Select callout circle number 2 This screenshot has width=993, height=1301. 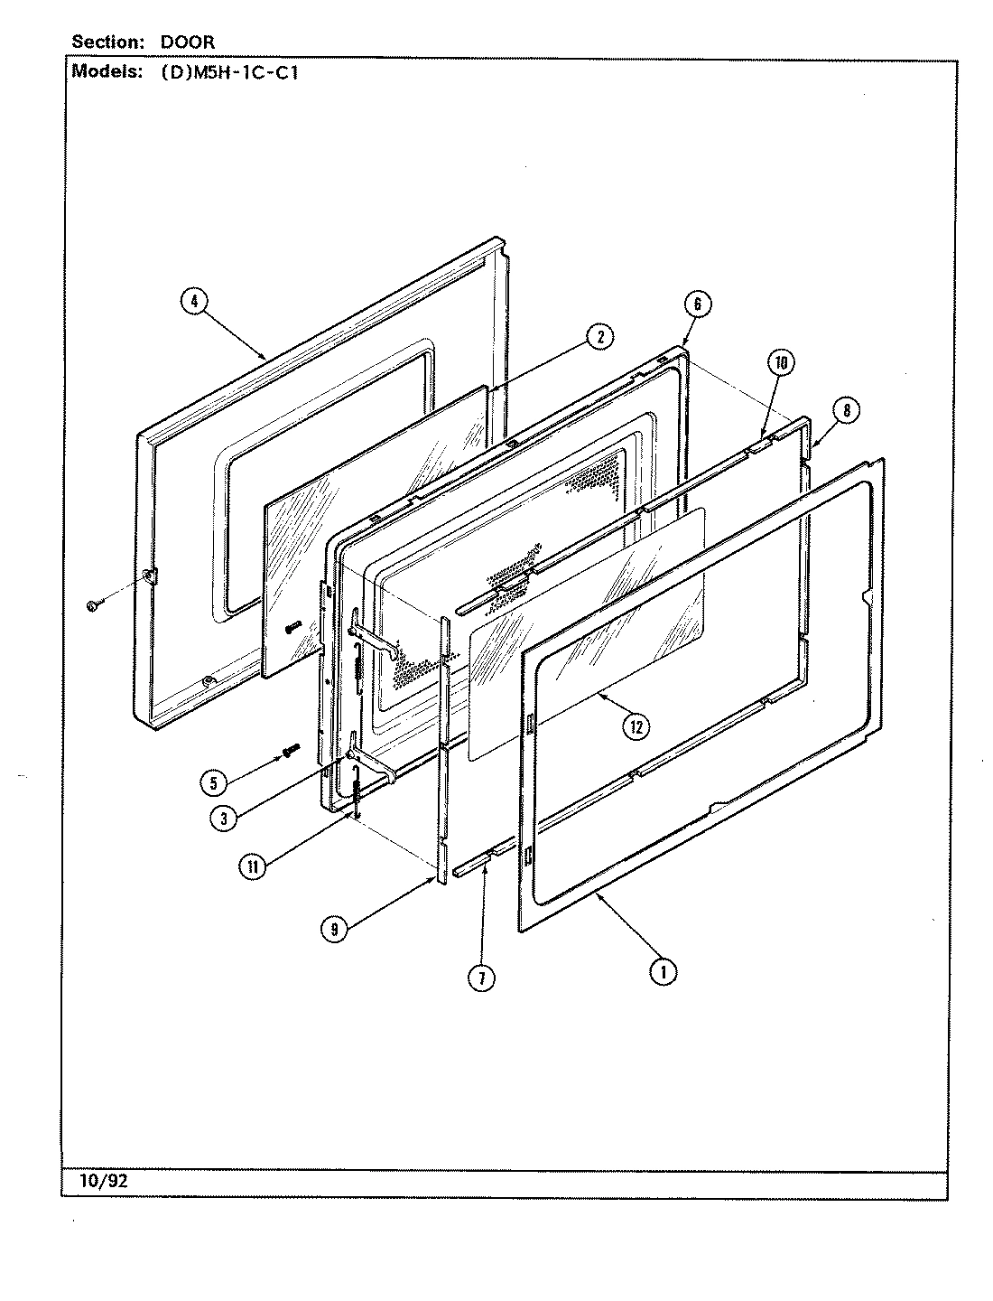(x=598, y=337)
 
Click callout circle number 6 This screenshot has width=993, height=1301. (x=698, y=304)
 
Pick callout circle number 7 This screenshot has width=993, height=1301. (x=482, y=978)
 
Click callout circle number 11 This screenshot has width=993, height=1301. (x=253, y=867)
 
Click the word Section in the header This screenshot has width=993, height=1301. (x=105, y=42)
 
